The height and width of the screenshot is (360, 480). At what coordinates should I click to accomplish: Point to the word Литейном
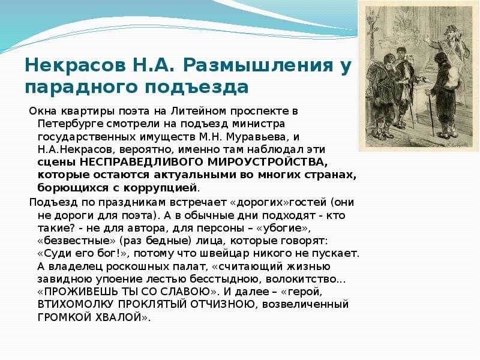tap(199, 111)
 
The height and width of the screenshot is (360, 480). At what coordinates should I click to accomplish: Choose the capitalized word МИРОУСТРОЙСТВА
tap(267, 162)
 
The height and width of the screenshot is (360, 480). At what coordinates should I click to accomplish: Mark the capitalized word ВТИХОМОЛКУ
tap(76, 305)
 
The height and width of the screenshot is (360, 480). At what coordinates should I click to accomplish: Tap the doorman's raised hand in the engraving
tap(427, 40)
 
